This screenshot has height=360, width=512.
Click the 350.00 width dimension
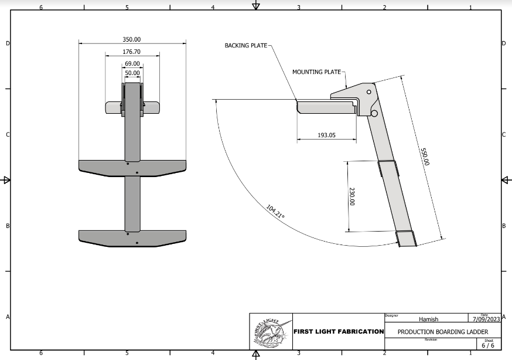132,39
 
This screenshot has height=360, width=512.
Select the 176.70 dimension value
132,52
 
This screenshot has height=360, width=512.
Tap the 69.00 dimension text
132,63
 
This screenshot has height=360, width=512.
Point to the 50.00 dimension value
132,73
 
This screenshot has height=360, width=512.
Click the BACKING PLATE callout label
245,45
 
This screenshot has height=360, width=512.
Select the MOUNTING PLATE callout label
316,72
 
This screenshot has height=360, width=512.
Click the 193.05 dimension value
326,135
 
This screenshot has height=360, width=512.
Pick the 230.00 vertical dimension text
352,196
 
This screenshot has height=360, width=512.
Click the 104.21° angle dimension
275,212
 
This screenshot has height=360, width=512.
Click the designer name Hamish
428,319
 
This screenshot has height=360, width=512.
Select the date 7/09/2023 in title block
486,320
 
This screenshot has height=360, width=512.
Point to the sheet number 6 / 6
488,345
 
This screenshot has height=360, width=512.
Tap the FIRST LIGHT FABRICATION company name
338,332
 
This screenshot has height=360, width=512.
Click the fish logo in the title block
271,332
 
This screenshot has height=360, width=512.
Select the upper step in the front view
132,167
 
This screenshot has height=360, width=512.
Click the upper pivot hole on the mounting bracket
368,92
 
